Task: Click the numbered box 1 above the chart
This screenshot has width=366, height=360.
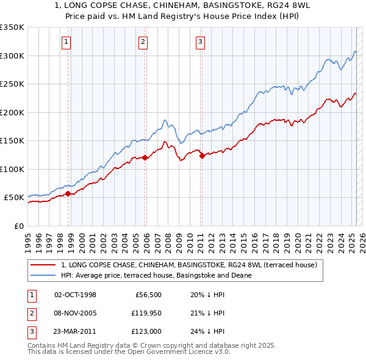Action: coord(66,42)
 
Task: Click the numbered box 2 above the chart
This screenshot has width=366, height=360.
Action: coord(143,42)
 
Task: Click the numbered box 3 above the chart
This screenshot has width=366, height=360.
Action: coord(200,42)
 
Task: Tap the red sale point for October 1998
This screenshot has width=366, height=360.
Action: coord(68,194)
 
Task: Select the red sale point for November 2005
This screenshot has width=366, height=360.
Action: coord(145,158)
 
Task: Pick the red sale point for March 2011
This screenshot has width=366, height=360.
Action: coord(203,156)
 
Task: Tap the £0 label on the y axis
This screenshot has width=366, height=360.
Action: coord(18,226)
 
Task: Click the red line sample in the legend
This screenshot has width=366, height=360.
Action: coord(43,265)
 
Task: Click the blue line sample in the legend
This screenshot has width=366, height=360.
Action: coord(43,275)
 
